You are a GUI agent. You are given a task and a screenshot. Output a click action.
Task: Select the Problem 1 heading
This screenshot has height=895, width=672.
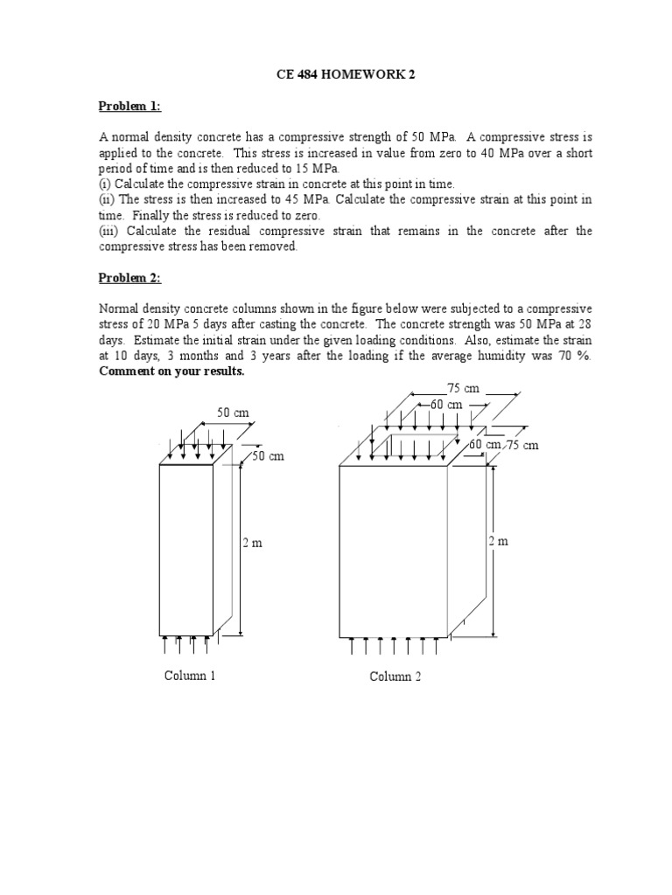(x=129, y=106)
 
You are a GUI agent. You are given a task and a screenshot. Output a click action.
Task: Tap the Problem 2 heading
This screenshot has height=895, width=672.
(x=129, y=278)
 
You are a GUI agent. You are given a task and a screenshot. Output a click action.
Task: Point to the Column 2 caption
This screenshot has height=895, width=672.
(x=395, y=676)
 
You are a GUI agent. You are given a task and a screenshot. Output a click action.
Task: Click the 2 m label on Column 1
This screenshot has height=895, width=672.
(x=252, y=543)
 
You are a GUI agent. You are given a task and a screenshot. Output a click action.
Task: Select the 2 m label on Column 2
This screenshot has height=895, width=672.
(x=498, y=542)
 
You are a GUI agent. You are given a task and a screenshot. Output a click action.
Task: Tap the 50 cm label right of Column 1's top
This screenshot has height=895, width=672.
(x=269, y=456)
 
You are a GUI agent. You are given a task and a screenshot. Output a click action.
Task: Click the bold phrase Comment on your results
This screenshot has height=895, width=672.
(x=171, y=371)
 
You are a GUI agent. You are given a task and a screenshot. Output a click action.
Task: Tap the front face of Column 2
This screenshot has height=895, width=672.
(x=393, y=551)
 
